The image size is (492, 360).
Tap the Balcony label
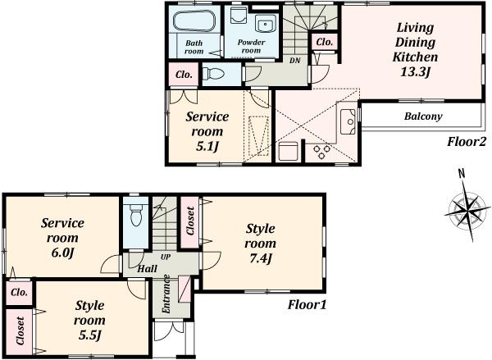click(422, 116)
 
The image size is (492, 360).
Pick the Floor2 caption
click(467, 140)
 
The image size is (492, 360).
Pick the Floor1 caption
click(307, 305)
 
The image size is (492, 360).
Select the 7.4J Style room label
click(260, 244)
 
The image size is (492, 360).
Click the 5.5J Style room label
click(89, 320)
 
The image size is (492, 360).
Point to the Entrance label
click(166, 293)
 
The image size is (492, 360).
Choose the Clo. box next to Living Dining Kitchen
click(323, 41)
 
